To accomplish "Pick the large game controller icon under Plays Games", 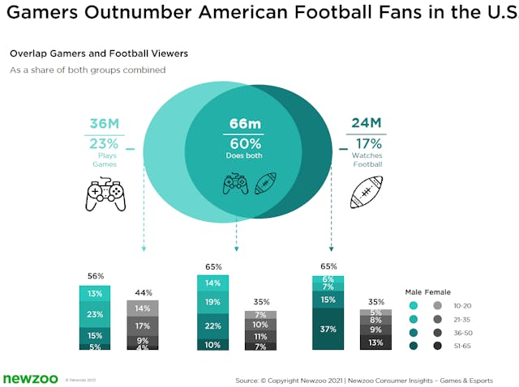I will point(106,195).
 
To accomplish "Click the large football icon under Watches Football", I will point(366,193).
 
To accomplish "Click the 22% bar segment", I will point(212,325).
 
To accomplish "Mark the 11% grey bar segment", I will point(259,336).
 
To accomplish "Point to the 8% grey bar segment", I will point(375,320).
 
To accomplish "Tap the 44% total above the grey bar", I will point(142,292).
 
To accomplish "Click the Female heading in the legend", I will point(439,291).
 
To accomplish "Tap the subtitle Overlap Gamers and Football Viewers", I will point(99,53).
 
